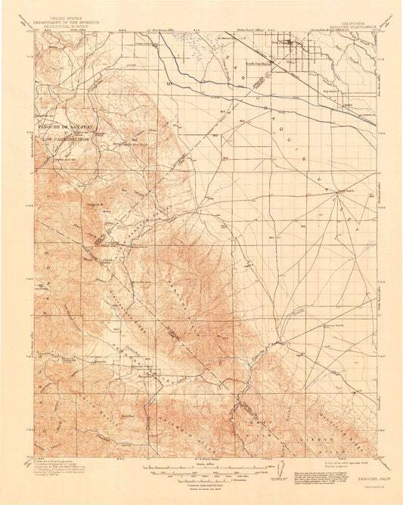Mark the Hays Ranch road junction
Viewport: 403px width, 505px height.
pos(337,192)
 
